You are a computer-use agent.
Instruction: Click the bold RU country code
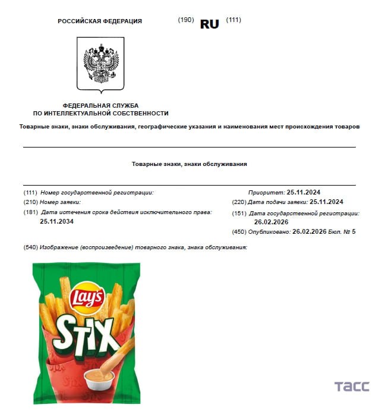(x=210, y=24)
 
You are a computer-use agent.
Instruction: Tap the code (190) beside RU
(x=186, y=20)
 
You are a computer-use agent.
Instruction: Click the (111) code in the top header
(x=233, y=20)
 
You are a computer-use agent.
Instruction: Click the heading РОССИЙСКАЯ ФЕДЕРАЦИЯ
(x=100, y=21)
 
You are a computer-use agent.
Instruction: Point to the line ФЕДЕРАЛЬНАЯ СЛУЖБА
(x=100, y=105)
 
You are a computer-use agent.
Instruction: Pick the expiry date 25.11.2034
(x=56, y=221)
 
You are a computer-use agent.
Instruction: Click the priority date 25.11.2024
(x=303, y=192)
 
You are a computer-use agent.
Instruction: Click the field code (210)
(x=30, y=202)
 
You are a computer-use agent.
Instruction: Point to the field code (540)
(x=30, y=247)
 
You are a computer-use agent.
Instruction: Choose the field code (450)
(x=239, y=231)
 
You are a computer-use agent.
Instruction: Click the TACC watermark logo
(x=352, y=386)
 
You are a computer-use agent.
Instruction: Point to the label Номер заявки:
(x=61, y=202)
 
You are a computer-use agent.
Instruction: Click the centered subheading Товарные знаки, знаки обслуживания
(x=189, y=164)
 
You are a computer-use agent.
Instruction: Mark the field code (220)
(x=239, y=202)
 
